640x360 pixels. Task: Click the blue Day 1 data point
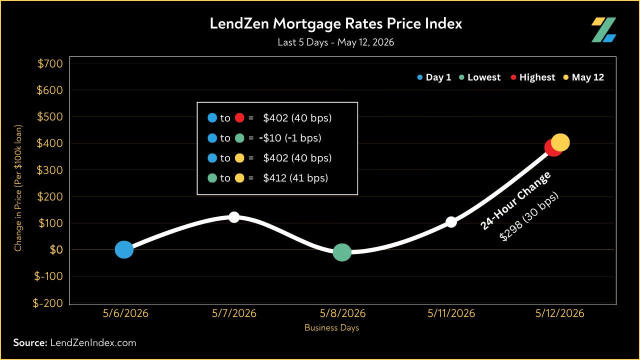coord(124,249)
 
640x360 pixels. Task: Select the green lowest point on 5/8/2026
coord(342,252)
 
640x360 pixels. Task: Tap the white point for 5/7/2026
coord(234,217)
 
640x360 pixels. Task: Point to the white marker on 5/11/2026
coord(451,222)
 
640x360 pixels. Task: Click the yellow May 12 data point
coord(560,142)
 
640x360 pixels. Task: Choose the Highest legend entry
coord(533,77)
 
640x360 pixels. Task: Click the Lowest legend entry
coord(479,77)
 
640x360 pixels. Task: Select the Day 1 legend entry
coord(434,77)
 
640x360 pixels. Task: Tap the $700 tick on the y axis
coord(50,63)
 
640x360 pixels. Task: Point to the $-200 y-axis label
coord(47,303)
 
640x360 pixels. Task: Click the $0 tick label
coord(56,249)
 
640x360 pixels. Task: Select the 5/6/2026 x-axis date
coord(125,313)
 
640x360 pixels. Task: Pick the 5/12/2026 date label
coord(559,313)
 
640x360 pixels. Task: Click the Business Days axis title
coord(331,327)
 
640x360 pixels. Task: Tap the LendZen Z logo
coord(603,29)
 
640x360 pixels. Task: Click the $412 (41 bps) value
coord(295,178)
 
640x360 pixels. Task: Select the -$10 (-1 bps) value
coord(290,138)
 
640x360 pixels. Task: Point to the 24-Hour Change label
coord(515,200)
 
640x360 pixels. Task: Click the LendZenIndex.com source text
coord(93,342)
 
